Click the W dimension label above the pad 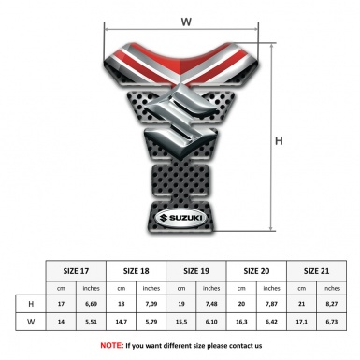(185, 19)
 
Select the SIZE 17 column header (77, 269)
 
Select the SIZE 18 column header (137, 269)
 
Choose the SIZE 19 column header (197, 269)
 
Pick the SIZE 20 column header (257, 269)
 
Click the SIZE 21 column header (316, 269)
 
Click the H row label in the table (31, 304)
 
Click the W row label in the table (31, 323)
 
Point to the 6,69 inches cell (92, 304)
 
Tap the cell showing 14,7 (122, 323)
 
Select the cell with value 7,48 (212, 304)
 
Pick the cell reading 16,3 (242, 323)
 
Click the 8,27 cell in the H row (331, 304)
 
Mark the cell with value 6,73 (331, 323)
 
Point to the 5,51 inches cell (92, 323)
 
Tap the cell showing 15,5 (182, 323)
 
